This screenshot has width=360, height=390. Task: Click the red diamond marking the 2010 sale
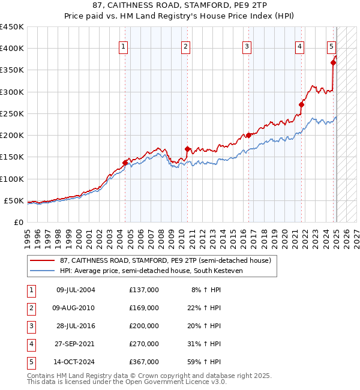click(x=187, y=149)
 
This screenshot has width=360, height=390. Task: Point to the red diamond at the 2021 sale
click(x=301, y=104)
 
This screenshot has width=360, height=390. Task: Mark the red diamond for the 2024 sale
click(x=333, y=62)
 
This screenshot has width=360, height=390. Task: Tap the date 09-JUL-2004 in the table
click(x=76, y=290)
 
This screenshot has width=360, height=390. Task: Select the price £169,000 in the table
click(x=144, y=308)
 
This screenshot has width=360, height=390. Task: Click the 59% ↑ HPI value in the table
click(x=206, y=362)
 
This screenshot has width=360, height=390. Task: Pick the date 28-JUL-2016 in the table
click(x=76, y=326)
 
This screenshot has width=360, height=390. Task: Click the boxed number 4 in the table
click(x=31, y=344)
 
